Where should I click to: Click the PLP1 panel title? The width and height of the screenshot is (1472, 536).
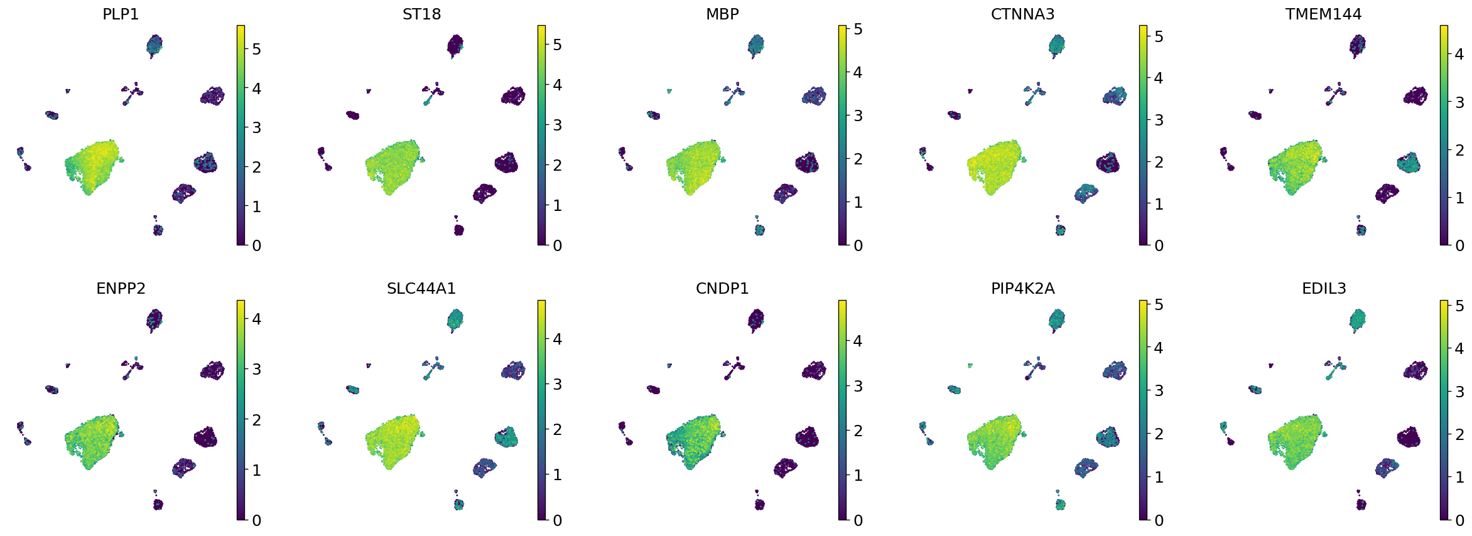coord(121,14)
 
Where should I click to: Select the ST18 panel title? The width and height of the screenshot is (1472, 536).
coord(421,14)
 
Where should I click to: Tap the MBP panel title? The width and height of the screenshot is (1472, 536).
coord(722,14)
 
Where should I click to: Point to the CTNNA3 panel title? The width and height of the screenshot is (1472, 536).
coord(1022,14)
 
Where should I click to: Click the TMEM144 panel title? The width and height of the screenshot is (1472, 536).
coord(1323,14)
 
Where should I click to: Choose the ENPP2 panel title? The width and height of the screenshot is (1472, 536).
coord(121,288)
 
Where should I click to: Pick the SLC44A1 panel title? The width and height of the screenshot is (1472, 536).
coord(421,288)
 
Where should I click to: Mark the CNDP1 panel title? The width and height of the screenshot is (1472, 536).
coord(722,288)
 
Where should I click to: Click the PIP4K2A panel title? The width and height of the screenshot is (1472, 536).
coord(1022,288)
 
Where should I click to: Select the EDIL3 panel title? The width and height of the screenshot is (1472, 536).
coord(1323,288)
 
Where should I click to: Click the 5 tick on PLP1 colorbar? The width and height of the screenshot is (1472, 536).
coord(256,49)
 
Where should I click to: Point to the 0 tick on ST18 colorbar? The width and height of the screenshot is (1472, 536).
coord(557,245)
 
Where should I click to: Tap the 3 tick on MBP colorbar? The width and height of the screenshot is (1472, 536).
coord(858,115)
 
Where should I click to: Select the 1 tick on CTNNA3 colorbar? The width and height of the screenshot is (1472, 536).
coord(1159,204)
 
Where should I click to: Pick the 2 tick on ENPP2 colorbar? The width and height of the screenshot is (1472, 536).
coord(256,420)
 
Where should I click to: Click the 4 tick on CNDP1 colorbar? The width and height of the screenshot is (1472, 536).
coord(858,341)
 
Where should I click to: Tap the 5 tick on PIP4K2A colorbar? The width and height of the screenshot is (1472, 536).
coord(1159,305)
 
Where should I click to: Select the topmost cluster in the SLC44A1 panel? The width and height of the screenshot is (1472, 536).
coord(455,319)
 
